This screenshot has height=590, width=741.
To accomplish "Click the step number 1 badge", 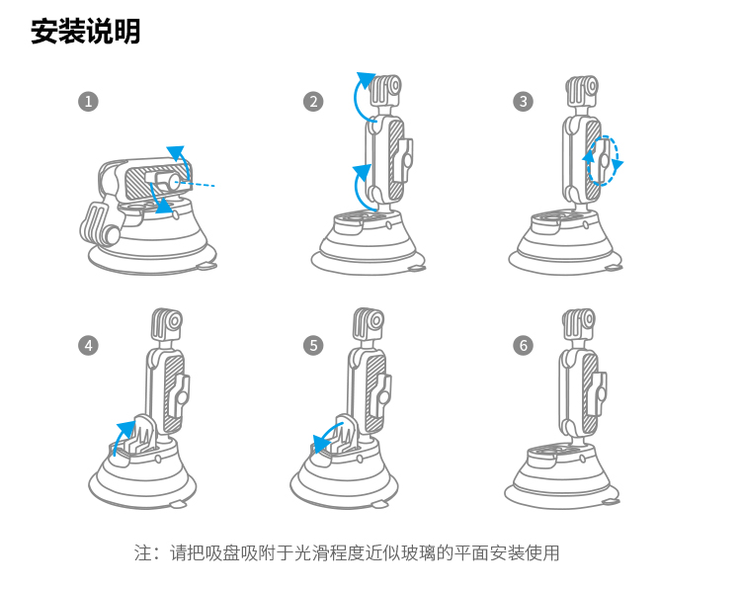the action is click(x=88, y=102).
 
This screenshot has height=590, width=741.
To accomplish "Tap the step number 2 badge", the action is click(x=313, y=102).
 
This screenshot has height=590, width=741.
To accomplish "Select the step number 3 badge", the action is click(x=523, y=102).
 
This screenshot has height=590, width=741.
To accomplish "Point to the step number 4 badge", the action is click(x=88, y=346).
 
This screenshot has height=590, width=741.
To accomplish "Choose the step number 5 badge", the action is click(x=313, y=346).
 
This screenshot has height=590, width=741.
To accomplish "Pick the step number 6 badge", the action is click(x=523, y=346).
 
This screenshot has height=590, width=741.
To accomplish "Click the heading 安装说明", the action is click(x=86, y=32).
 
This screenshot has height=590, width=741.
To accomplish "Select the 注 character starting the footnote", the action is click(x=142, y=552).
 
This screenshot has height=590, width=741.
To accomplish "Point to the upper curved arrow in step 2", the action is click(x=356, y=97).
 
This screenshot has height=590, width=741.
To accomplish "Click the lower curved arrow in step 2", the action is click(x=356, y=188).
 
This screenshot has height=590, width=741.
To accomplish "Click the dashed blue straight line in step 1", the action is click(x=195, y=184).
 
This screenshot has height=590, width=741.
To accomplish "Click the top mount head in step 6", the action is click(x=579, y=325).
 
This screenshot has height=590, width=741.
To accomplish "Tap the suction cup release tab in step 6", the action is click(x=611, y=502).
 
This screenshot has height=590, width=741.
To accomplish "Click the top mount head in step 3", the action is click(x=582, y=91).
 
